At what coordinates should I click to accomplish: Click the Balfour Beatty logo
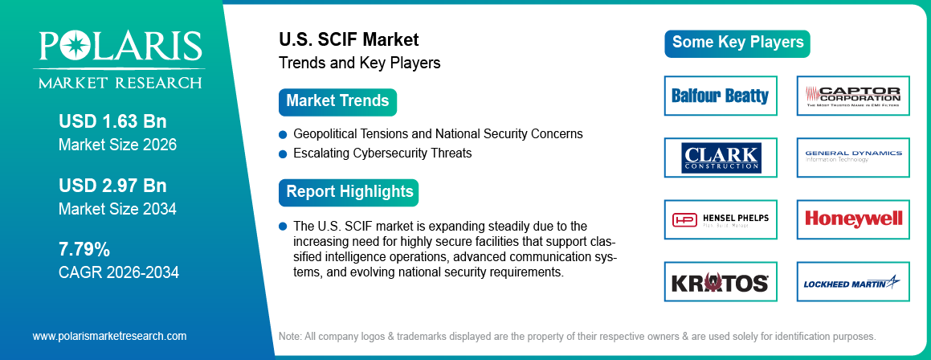[x=721, y=96]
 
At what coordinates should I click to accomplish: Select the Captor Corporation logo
[x=853, y=96]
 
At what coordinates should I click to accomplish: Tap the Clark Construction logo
[x=721, y=157]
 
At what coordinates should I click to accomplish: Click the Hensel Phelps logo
[x=721, y=219]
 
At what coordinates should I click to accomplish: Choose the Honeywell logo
[x=853, y=219]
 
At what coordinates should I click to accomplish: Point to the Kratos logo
[x=721, y=282]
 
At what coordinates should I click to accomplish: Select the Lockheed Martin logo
[x=853, y=282]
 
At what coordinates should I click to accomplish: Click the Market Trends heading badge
[x=337, y=102]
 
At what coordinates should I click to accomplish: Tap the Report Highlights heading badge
[x=349, y=192]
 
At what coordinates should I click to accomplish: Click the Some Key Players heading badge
[x=737, y=43]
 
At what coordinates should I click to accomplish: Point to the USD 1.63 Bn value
[x=112, y=122]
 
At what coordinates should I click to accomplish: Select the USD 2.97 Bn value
[x=112, y=186]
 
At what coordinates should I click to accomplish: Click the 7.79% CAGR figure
[x=84, y=248]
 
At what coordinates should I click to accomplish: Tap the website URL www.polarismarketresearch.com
[x=109, y=336]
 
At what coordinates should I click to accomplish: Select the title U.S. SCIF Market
[x=349, y=39]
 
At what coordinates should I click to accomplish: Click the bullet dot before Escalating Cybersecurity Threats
[x=283, y=153]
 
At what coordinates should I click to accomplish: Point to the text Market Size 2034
[x=117, y=210]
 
